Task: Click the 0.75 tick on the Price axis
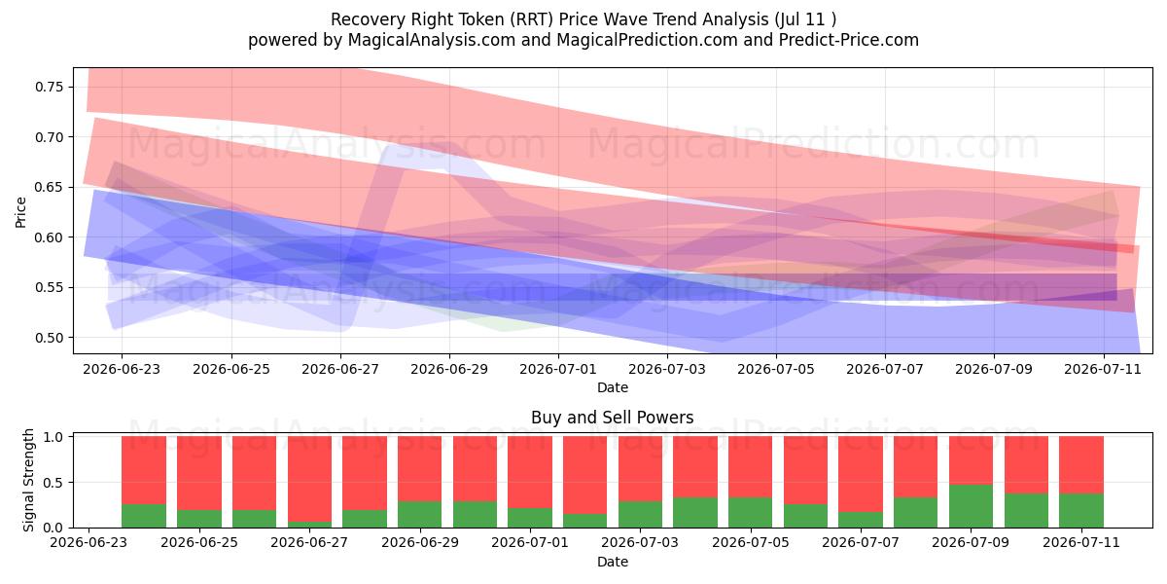point(49,87)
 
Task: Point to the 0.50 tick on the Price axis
point(49,338)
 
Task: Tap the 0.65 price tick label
point(49,187)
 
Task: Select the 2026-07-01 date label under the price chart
point(558,369)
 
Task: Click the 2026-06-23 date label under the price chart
point(122,369)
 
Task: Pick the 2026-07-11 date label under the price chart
point(1103,369)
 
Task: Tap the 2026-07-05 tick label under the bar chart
point(750,542)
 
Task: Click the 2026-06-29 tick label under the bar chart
point(419,542)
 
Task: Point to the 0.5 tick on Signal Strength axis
point(54,483)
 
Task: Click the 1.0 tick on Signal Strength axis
point(54,437)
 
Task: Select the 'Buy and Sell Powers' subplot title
point(612,418)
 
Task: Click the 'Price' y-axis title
point(20,213)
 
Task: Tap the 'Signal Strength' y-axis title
point(28,480)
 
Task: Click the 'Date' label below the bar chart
point(612,563)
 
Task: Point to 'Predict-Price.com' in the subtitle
point(849,40)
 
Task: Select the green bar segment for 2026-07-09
point(971,506)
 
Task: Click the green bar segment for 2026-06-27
point(309,525)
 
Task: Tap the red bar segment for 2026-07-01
point(530,472)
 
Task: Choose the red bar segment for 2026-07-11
point(1081,465)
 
